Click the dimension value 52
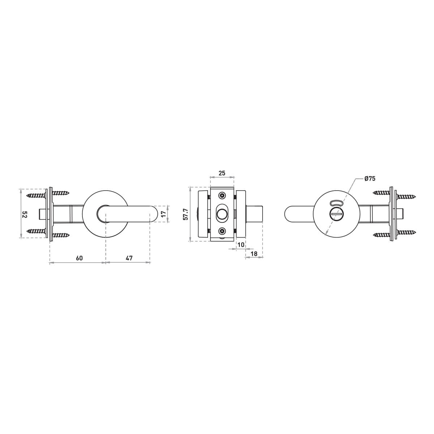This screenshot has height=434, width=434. click(x=25, y=215)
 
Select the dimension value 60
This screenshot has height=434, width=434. click(x=79, y=258)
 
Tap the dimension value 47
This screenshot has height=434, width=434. click(x=129, y=258)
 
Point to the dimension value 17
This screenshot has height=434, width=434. click(x=164, y=213)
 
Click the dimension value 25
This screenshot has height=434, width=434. click(x=222, y=173)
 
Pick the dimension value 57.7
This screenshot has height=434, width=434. click(x=185, y=214)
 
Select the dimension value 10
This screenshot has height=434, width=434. click(x=241, y=244)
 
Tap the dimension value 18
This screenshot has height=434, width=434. click(x=254, y=254)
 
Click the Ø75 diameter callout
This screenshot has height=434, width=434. click(x=370, y=179)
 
